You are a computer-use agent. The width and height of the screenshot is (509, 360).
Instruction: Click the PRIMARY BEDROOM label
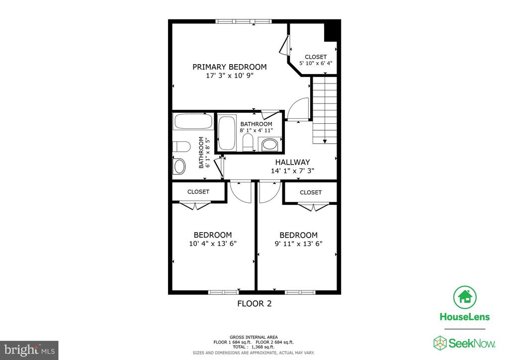click(229, 67)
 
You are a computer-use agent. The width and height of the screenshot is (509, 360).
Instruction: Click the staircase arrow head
click(325, 142)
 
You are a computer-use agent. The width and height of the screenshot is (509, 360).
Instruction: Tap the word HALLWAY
click(292, 162)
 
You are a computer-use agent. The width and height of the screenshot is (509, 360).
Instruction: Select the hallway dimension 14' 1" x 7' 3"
click(292, 171)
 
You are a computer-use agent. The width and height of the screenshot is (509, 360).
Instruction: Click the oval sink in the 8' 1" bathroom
click(270, 145)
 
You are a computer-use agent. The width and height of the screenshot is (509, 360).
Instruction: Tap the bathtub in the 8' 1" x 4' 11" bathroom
click(228, 133)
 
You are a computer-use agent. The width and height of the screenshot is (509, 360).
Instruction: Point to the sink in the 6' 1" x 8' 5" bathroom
click(179, 166)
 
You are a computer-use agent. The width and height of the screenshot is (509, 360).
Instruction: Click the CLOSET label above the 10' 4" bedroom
click(198, 191)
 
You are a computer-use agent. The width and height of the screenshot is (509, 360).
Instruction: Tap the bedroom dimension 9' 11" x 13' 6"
click(298, 244)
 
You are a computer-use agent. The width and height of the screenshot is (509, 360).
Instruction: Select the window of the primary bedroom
click(244, 21)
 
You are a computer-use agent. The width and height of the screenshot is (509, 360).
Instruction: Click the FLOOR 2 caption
click(254, 303)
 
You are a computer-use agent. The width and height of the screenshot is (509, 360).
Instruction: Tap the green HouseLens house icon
click(465, 297)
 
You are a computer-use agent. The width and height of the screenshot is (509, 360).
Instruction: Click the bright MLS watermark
click(29, 350)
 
